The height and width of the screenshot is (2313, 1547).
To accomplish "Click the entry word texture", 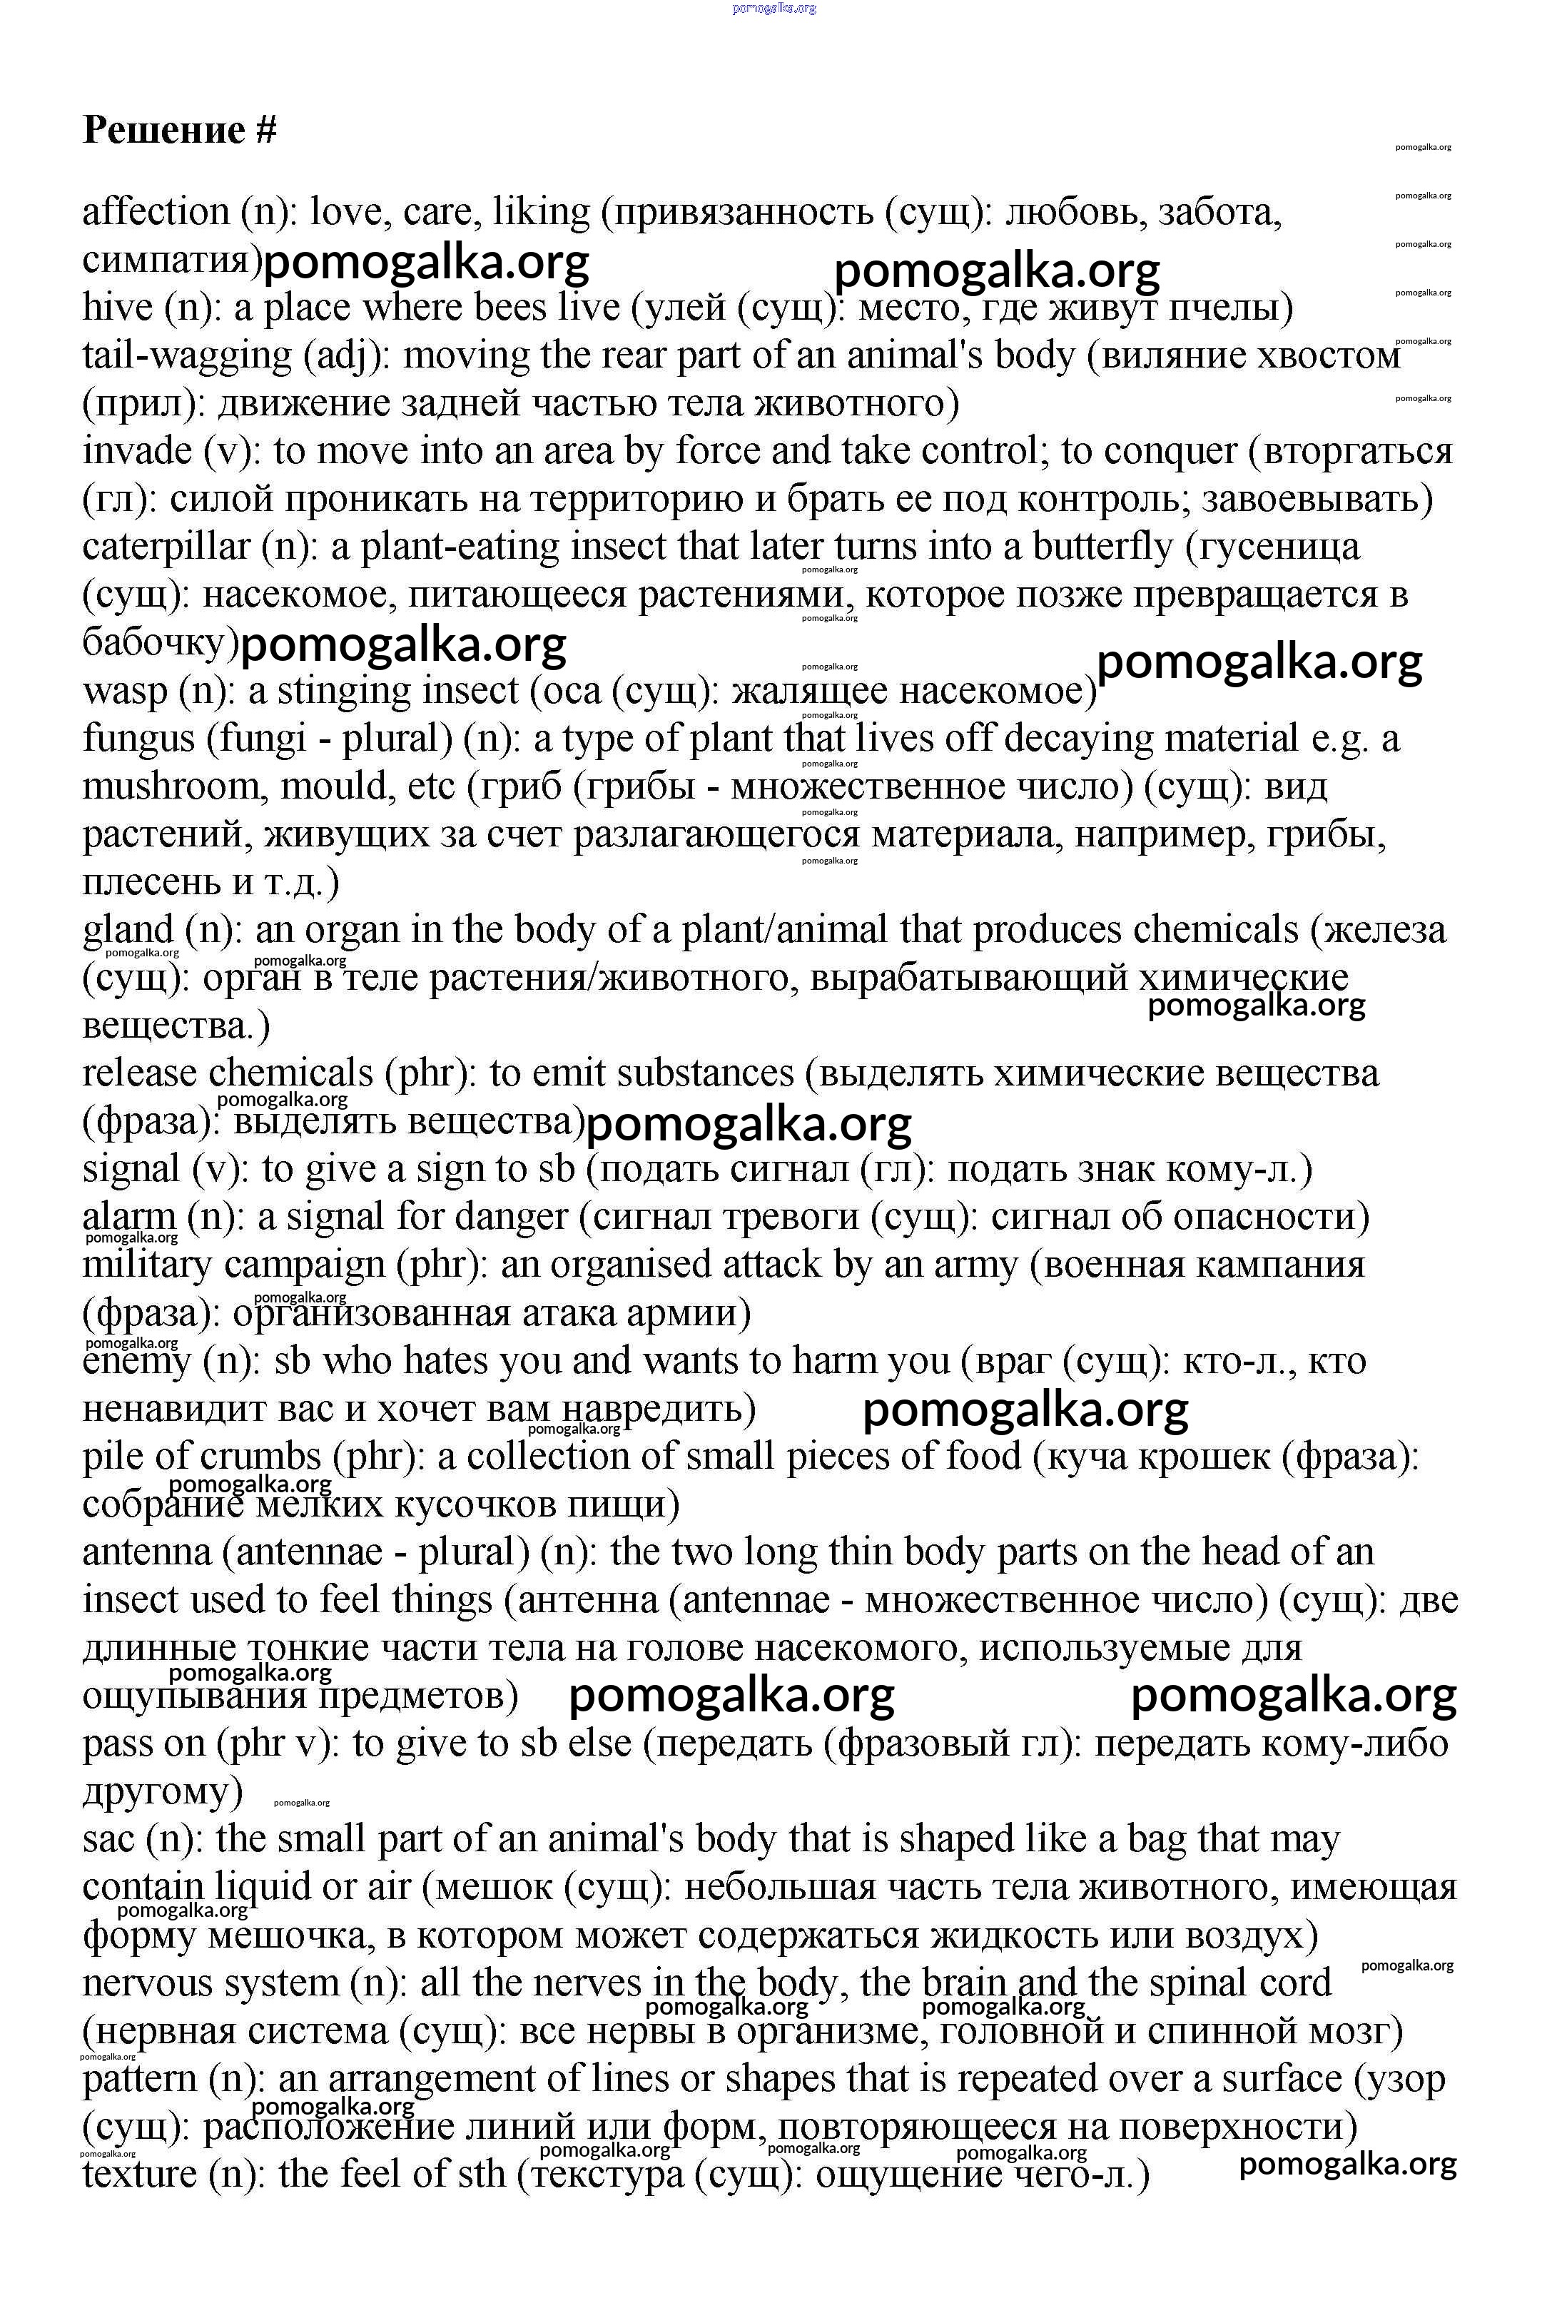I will (139, 2175).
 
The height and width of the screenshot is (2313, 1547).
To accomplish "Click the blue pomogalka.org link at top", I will (774, 9).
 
